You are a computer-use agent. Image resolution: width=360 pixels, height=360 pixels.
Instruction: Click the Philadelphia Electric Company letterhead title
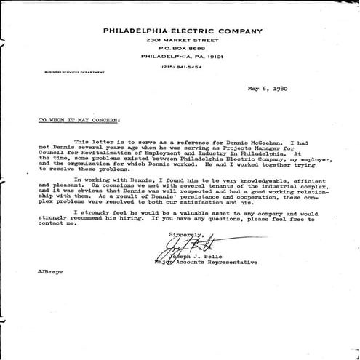(183, 31)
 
